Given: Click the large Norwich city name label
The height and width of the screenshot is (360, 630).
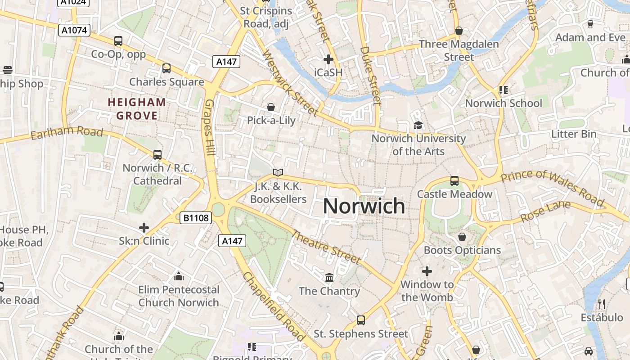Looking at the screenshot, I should tap(364, 206).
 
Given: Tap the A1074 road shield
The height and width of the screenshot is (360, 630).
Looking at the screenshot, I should tap(74, 30).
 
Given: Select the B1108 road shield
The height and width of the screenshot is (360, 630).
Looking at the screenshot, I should tap(196, 218).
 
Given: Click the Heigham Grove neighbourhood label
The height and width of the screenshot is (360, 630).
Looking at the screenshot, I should tap(137, 109).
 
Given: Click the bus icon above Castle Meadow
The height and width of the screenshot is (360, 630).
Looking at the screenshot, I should tap(454, 181).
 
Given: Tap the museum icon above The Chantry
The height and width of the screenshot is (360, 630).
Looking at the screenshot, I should tap(329, 277).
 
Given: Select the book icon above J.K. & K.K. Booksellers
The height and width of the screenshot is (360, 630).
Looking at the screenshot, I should tap(278, 173).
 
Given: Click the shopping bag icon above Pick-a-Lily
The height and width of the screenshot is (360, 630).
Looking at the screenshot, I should tap(271, 107).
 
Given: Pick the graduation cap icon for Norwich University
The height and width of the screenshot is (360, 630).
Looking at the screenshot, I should tap(418, 125).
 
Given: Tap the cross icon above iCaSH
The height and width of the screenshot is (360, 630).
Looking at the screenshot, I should tap(328, 59).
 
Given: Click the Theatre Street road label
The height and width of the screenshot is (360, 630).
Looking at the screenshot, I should tap(326, 247).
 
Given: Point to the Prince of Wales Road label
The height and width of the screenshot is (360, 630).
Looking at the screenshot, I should tap(552, 187).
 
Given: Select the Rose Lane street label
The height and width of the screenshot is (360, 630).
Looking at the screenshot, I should tap(545, 211).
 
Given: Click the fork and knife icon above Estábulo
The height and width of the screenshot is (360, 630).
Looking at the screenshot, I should tap(601, 304).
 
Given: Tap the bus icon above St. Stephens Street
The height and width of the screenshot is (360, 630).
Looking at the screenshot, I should tap(360, 320).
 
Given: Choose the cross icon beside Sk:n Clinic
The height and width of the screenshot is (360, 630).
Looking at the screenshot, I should tap(144, 228).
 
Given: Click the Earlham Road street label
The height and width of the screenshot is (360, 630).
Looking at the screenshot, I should tap(67, 134).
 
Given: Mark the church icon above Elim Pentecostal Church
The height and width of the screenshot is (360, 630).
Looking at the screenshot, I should tap(178, 276).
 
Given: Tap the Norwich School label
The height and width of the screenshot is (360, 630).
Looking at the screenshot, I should tap(503, 103).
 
